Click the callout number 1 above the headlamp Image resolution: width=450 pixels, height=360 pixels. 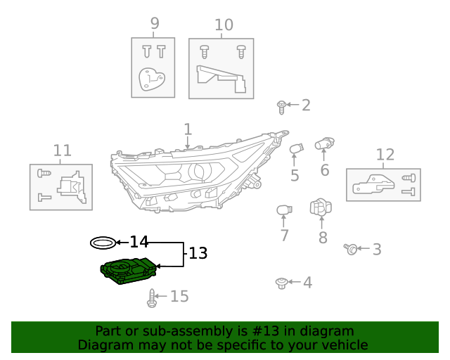pos(188,129)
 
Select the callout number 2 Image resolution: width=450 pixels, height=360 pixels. pos(306,105)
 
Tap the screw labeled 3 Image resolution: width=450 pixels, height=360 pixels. pos(351,248)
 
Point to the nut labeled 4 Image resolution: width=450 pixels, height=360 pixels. pos(281,283)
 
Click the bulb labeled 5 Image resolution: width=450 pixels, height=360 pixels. pos(296,150)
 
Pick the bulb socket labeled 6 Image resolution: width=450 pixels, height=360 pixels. pos(323,144)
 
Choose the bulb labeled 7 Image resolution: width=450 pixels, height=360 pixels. pos(283,211)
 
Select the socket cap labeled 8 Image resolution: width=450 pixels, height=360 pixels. pos(321,207)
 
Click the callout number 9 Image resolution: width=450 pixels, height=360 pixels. pos(155,24)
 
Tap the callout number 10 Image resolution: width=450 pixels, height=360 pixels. pos(224,25)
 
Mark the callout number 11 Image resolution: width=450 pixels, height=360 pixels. pos(63,150)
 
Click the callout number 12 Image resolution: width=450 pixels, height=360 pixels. pos(385,155)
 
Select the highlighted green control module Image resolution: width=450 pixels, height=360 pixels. pos(128,271)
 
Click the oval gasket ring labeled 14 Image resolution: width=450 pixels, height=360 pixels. pos(103,243)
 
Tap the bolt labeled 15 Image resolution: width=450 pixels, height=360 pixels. pos(151,298)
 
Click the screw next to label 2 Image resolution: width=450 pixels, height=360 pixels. pos(281,107)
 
